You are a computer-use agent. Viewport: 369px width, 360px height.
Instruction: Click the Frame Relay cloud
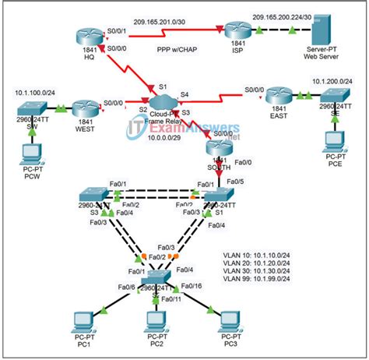[x=165, y=103]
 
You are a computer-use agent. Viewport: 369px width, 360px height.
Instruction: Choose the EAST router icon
[x=277, y=99]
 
